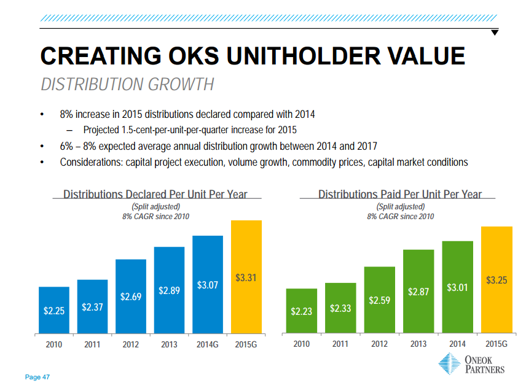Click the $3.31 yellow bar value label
[x=246, y=278]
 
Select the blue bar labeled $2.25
[x=53, y=310]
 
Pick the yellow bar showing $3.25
[x=497, y=279]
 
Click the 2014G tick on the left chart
[x=208, y=344]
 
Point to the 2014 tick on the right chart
[x=457, y=344]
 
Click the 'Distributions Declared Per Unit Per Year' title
[x=155, y=195]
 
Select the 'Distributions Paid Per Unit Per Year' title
[x=399, y=195]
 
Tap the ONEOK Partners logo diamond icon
[x=448, y=364]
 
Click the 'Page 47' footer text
[x=37, y=377]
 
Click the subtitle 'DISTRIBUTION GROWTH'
[x=127, y=84]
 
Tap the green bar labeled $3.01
[x=457, y=287]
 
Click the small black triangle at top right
[x=495, y=32]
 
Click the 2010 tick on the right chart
[x=301, y=344]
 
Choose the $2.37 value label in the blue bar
[x=92, y=307]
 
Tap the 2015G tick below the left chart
[x=246, y=344]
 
